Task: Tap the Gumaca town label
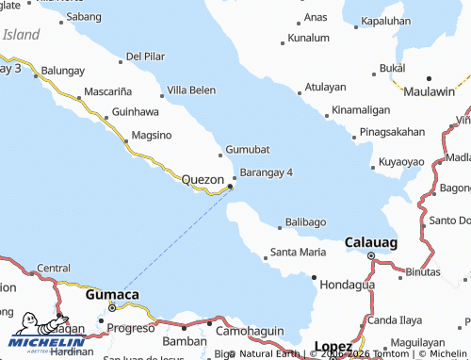(112, 294)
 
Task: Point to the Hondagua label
(348, 284)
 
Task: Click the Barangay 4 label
(267, 172)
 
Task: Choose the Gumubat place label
(249, 150)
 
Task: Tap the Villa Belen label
(191, 90)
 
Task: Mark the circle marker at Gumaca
(112, 307)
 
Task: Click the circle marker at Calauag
(371, 255)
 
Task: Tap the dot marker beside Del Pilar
(122, 62)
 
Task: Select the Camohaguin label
(251, 332)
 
